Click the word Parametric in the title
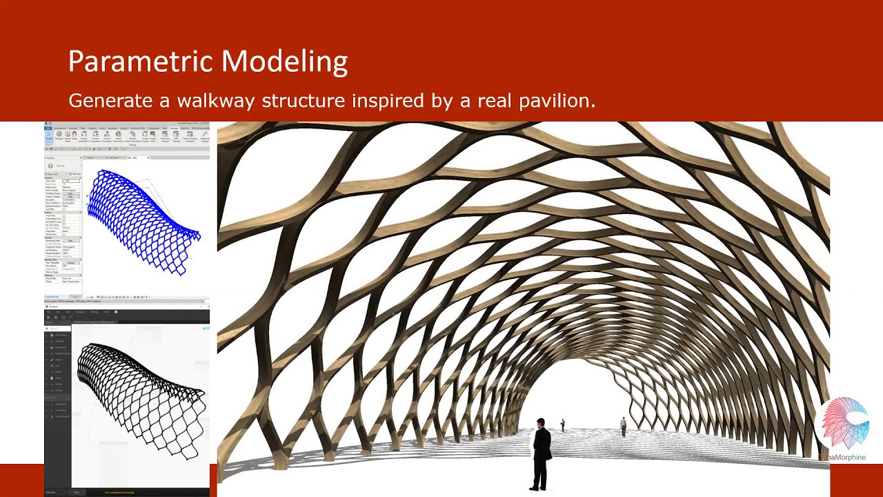pos(141,61)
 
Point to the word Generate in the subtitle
pos(110,101)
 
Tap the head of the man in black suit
pos(541,422)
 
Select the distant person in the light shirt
pos(624,427)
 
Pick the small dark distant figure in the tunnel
pos(562,425)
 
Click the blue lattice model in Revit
pos(141,217)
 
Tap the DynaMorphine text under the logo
pos(843,457)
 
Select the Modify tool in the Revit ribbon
pos(49,136)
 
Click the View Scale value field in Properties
pos(71,181)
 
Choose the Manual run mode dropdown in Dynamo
pos(52,492)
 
